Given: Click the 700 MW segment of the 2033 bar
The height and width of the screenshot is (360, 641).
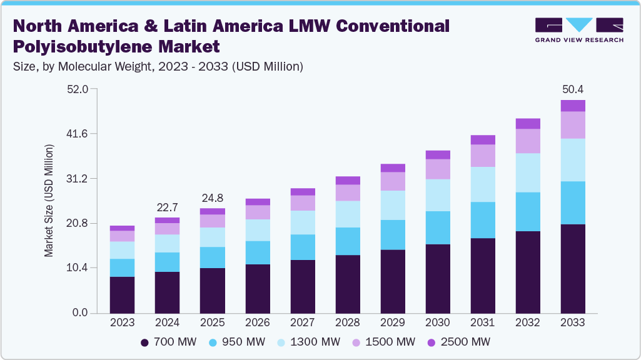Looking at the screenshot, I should click(x=573, y=268).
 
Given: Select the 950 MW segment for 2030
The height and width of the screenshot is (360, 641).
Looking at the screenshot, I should click(x=438, y=227).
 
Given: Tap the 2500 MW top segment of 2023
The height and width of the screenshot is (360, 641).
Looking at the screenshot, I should click(x=122, y=228).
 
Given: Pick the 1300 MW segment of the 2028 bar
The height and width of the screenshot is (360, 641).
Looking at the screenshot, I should click(x=348, y=214).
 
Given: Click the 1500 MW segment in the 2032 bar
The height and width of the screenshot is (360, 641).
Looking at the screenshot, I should click(x=528, y=141).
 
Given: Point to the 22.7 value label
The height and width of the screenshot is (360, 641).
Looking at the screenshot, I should click(x=167, y=207).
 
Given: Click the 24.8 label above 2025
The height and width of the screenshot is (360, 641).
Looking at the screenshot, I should click(x=212, y=198).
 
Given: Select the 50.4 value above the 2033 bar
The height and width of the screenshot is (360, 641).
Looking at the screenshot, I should click(x=573, y=89).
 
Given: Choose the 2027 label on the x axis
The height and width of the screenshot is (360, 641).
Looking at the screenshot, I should click(x=303, y=323).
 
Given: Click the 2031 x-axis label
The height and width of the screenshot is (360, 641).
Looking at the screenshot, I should click(x=483, y=323).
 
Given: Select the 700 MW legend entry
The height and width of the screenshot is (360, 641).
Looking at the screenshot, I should click(x=168, y=342).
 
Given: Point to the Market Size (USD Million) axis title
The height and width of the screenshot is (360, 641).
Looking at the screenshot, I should click(x=49, y=201).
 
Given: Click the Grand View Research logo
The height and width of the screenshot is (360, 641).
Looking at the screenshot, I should click(x=578, y=30).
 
